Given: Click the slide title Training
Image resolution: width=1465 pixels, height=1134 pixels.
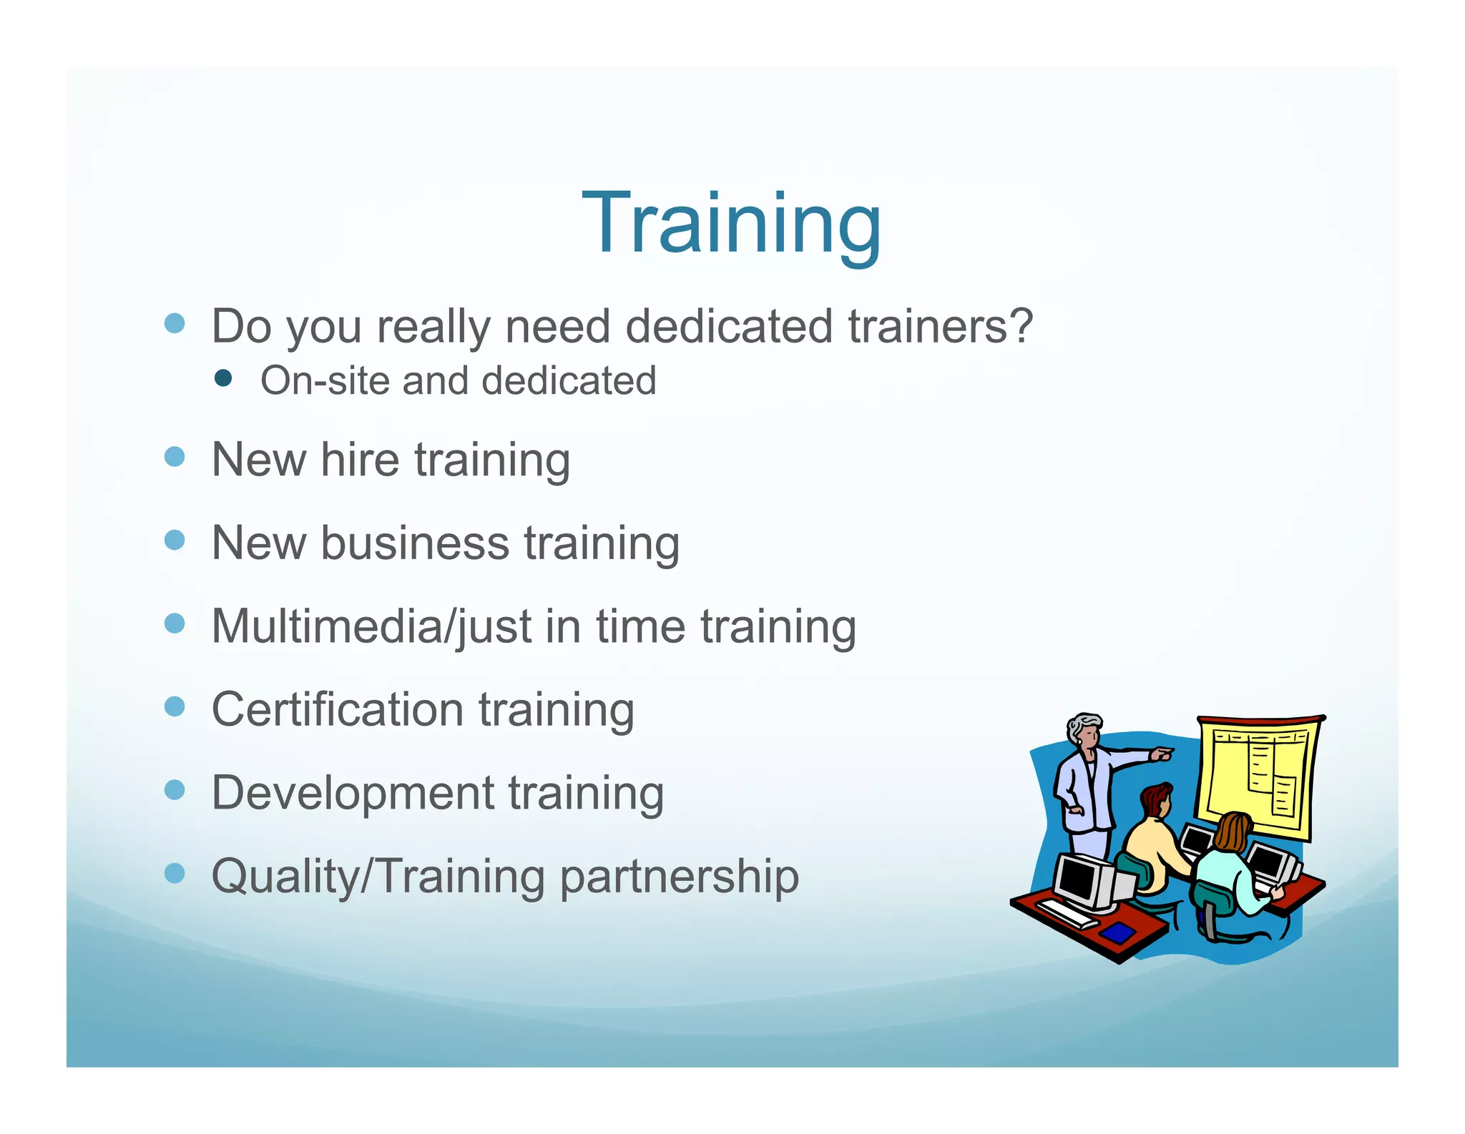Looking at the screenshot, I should tap(731, 223).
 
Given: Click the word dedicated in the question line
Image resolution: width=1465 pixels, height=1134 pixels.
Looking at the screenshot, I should tap(729, 326).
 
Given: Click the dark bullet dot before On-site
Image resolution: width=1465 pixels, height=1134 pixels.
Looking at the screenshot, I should tap(223, 378).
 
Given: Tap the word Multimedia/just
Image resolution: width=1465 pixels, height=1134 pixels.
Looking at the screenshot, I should tap(371, 627).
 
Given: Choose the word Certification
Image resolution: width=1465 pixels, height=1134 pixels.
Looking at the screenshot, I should tap(338, 709).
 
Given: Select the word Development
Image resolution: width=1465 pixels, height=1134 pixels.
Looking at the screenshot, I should tap(353, 793).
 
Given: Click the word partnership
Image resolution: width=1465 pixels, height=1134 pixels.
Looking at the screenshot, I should tap(679, 877).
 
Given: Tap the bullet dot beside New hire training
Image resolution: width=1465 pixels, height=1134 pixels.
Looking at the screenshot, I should tap(175, 457).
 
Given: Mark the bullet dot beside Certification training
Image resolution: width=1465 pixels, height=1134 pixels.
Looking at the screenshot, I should tap(175, 707).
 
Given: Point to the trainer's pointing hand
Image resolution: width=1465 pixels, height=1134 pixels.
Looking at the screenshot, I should tap(1162, 754).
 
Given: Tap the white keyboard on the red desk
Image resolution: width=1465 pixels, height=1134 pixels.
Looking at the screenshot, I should tap(1066, 912).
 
